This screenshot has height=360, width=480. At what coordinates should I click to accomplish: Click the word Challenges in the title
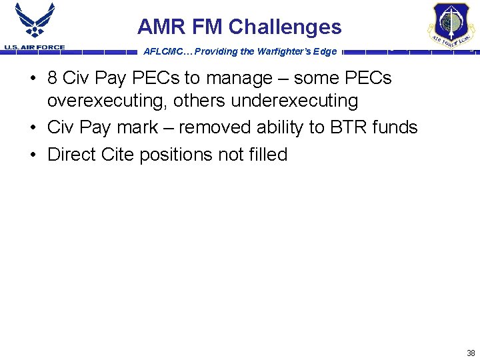[x=285, y=27]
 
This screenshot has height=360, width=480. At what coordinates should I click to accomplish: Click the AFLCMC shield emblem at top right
[x=451, y=25]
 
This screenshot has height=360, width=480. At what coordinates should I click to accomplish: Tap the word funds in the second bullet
[x=396, y=127]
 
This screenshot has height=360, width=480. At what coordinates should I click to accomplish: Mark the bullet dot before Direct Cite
[x=33, y=155]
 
